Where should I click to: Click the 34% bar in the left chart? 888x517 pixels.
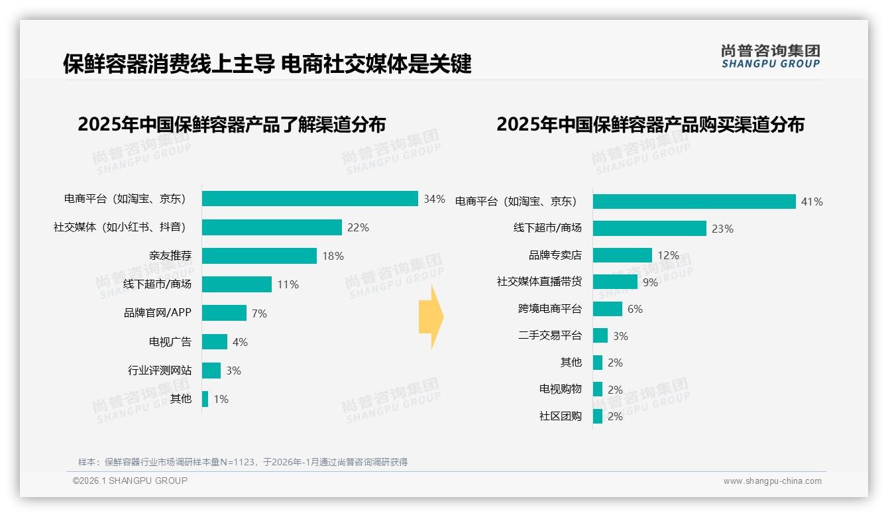point(309,199)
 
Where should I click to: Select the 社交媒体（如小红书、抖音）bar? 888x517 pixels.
point(272,227)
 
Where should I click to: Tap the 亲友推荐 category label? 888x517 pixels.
point(170,256)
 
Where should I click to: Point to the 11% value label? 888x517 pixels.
point(288,284)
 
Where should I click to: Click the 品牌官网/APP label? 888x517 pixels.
point(158,313)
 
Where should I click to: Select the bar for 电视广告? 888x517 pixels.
point(215,342)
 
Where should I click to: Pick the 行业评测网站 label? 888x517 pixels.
point(160,371)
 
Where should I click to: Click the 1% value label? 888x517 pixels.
point(221,399)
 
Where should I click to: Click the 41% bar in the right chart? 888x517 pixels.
point(694,201)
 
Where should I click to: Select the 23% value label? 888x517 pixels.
point(722,229)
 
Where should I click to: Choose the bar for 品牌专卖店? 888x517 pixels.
point(622,255)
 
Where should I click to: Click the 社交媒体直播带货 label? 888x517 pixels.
point(539,282)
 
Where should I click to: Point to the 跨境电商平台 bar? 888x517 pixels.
point(608,309)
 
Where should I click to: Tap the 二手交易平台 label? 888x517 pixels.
point(550,335)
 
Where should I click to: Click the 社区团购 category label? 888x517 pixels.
point(561,416)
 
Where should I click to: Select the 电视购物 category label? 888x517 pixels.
point(561,389)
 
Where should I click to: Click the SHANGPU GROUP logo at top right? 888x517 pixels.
point(771,56)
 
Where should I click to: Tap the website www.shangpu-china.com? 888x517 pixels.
point(772,481)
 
